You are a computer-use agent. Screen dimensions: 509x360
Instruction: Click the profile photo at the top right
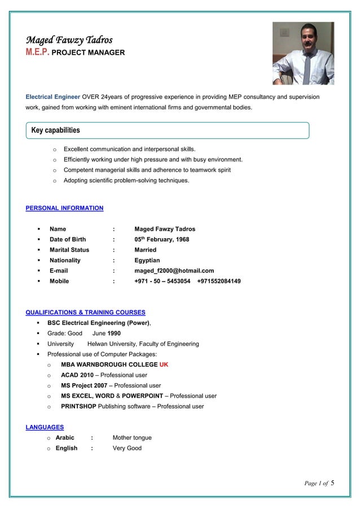point(303,53)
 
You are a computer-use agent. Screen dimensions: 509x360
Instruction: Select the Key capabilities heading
point(55,130)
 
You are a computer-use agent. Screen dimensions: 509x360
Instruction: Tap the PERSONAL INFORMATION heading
point(64,208)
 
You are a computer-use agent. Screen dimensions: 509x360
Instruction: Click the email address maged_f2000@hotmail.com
point(174,271)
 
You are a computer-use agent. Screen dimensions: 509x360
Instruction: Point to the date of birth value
point(161,239)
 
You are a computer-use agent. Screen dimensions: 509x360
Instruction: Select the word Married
point(145,250)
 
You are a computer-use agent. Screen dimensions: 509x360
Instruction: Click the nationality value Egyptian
point(147,261)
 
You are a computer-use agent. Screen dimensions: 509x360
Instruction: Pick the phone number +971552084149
point(219,281)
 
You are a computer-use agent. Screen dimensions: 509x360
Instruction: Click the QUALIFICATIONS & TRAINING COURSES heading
point(85,312)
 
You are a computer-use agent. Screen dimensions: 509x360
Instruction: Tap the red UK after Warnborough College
point(164,365)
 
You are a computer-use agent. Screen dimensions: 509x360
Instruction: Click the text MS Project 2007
point(85,385)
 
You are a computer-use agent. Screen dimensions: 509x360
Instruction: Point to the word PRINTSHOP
point(78,406)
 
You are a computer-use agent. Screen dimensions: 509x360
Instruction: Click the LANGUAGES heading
point(45,427)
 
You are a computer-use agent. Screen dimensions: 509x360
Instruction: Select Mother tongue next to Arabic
point(132,438)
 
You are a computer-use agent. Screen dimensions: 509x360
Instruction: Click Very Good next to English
point(127,449)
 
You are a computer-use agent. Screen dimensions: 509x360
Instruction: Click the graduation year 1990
point(113,334)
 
